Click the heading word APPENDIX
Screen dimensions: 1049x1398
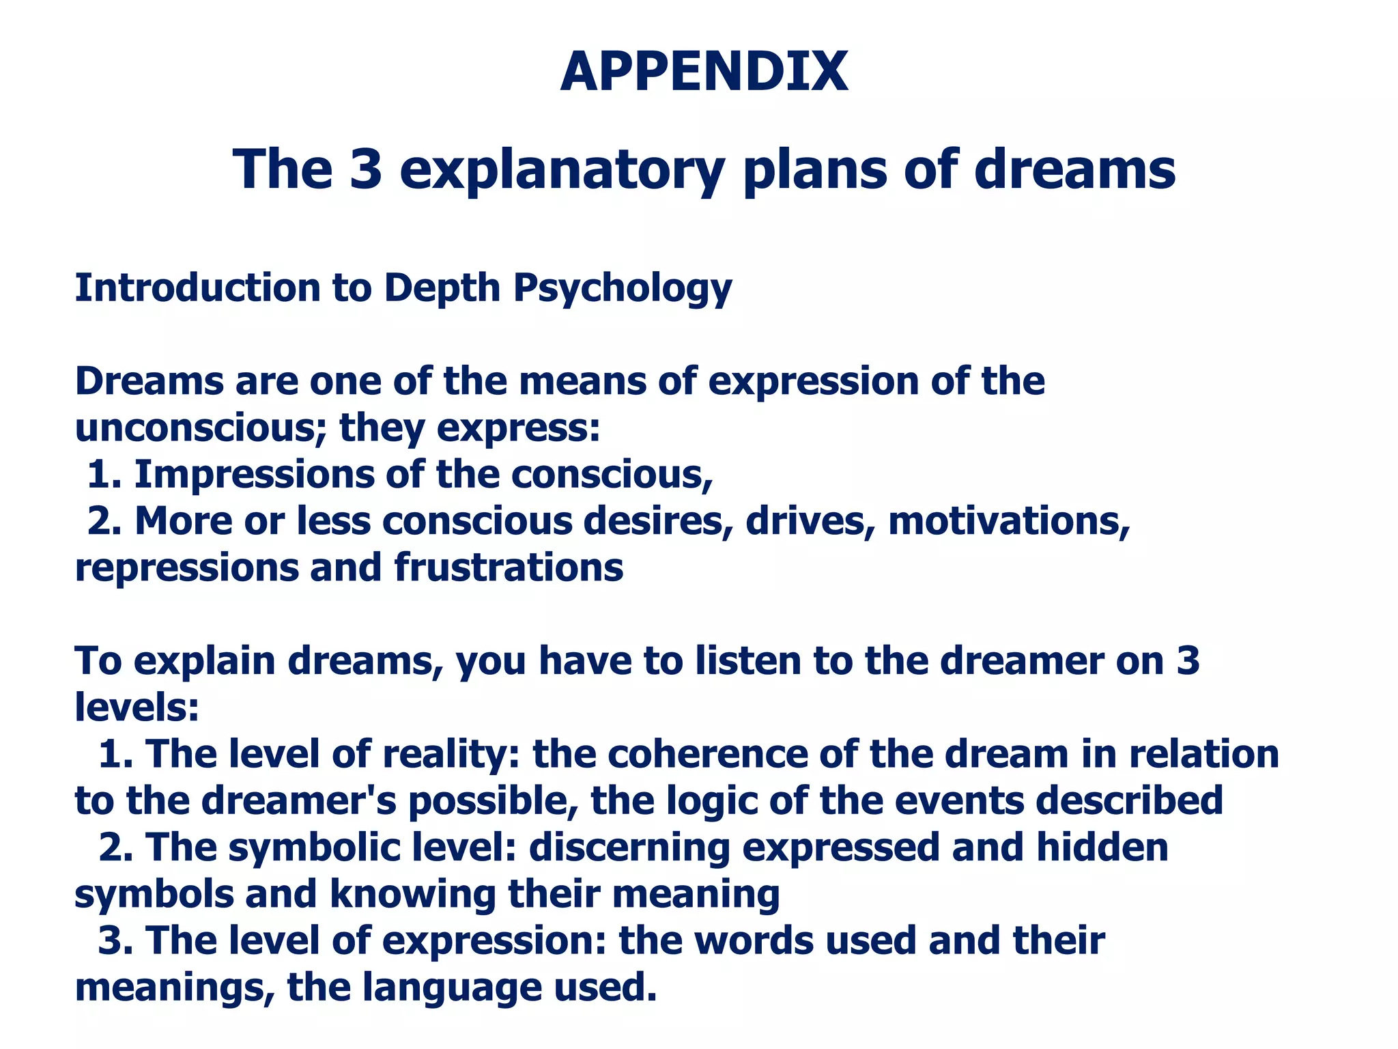click(x=704, y=72)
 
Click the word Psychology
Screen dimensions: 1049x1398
click(x=623, y=288)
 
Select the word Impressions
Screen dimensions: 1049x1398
click(x=254, y=475)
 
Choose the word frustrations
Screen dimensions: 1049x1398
click(x=509, y=568)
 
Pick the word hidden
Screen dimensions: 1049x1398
click(x=1102, y=848)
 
